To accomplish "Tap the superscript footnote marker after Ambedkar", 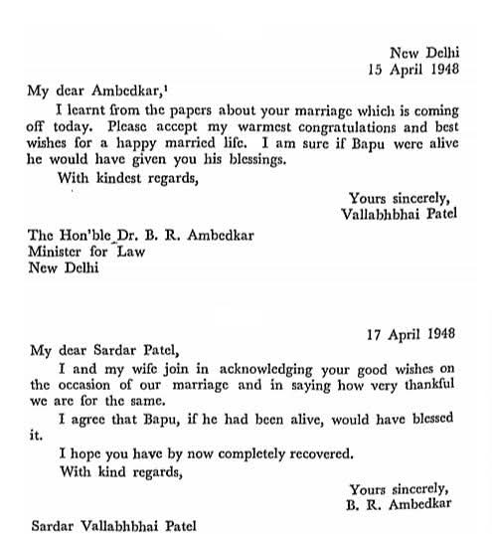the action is [174, 87].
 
